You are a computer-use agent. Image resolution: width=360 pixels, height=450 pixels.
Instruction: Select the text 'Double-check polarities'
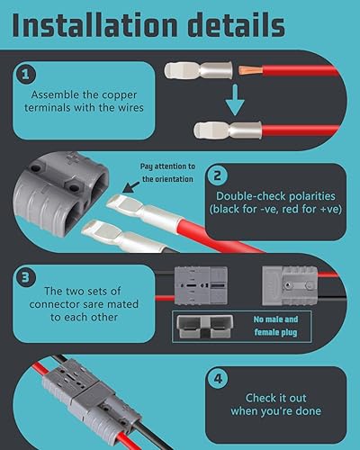[274, 195]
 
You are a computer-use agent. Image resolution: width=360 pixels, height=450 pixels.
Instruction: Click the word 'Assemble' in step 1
[56, 94]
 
